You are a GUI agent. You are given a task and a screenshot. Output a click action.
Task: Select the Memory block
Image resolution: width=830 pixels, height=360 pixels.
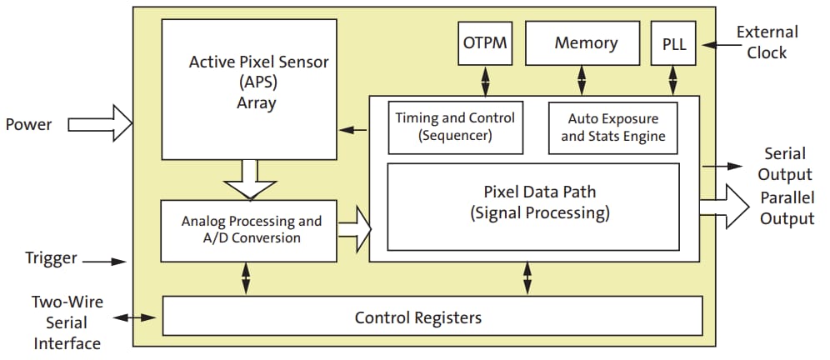pos(586,42)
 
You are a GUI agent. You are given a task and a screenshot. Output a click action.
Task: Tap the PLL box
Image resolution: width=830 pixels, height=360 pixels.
pos(674,42)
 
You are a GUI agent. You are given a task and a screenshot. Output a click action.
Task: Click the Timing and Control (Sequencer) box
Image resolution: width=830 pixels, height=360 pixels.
pos(455,127)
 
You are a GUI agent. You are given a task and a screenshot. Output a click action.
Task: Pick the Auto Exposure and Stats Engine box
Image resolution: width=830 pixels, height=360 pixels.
pos(612,127)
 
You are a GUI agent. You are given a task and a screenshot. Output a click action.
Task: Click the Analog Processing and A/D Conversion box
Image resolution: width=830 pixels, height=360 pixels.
pos(251,230)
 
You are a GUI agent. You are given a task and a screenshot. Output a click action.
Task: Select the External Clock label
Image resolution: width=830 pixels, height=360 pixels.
pos(767,42)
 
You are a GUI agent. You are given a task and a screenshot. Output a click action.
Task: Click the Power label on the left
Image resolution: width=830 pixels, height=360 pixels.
pos(29,125)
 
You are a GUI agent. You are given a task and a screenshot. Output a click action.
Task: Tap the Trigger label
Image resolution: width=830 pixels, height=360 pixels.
pos(51,258)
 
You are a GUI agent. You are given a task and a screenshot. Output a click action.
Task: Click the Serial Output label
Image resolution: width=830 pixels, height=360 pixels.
pos(785,164)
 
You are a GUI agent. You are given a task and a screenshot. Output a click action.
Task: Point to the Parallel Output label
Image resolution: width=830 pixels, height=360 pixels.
pos(787,208)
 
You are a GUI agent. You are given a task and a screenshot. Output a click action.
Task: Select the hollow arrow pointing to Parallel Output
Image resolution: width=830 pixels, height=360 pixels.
pos(725,206)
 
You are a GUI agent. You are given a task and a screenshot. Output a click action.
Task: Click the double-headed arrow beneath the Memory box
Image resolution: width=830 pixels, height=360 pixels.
pos(582,80)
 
